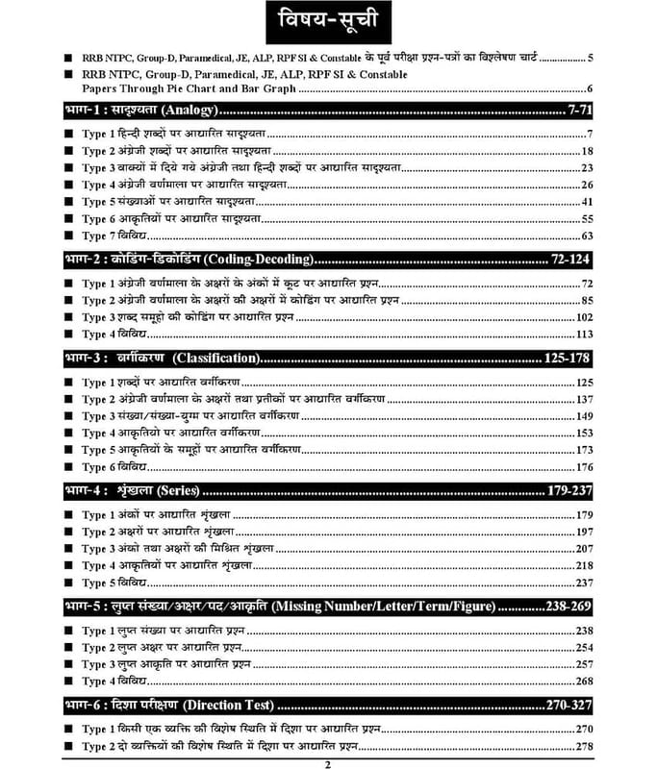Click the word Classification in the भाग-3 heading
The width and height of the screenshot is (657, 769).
[x=216, y=359]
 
